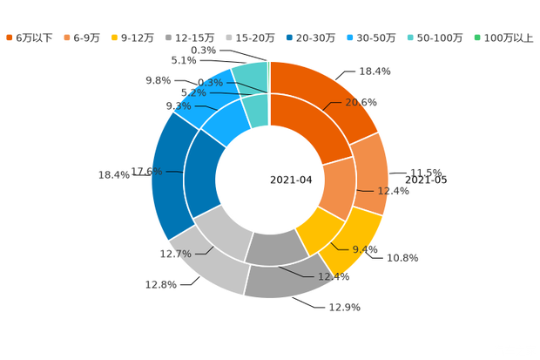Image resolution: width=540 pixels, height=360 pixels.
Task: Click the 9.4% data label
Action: click(x=366, y=249)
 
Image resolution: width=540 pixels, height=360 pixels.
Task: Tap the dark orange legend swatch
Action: click(x=9, y=37)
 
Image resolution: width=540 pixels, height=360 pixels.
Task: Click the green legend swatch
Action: click(x=477, y=37)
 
